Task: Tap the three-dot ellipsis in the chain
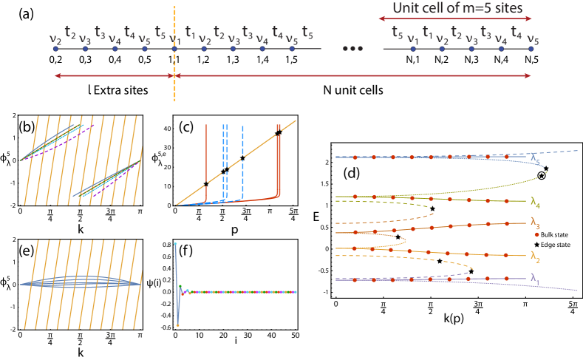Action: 352,49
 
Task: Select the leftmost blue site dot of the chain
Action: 56,50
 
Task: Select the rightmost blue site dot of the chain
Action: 531,50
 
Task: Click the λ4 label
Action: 536,200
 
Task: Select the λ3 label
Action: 536,222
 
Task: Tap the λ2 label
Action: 536,256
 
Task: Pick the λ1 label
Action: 536,278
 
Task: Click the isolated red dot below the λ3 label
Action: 536,234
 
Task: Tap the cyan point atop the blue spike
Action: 176,243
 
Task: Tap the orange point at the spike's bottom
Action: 177,325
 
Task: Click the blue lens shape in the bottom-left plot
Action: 81,282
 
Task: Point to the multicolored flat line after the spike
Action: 244,292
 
